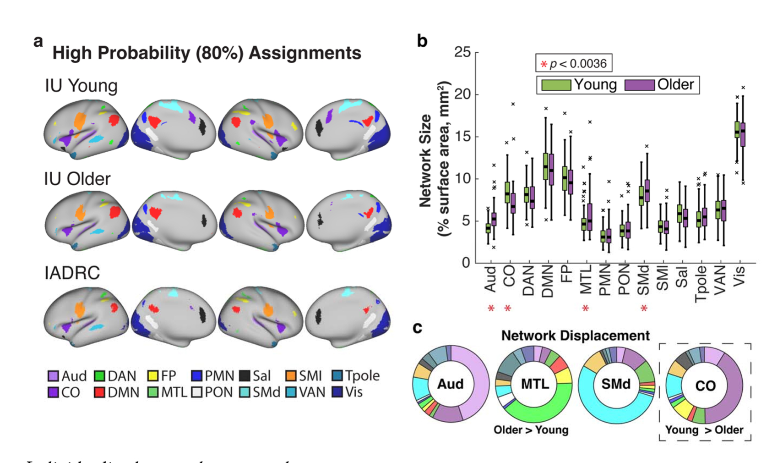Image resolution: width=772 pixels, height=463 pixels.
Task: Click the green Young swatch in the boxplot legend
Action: click(556, 85)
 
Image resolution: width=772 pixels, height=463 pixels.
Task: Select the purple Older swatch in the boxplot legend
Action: click(640, 85)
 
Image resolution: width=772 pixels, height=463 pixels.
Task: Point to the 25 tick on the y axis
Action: click(462, 52)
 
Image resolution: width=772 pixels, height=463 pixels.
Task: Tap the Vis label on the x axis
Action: click(739, 276)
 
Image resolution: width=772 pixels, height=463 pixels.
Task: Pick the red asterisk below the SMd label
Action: click(644, 309)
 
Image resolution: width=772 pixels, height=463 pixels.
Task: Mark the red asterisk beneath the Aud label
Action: click(491, 309)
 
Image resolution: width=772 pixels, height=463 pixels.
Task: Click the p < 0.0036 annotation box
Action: click(573, 64)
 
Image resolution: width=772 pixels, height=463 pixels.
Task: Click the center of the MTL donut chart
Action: click(534, 384)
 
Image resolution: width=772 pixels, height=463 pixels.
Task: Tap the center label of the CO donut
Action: click(705, 386)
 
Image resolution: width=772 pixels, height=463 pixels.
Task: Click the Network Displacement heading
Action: click(575, 336)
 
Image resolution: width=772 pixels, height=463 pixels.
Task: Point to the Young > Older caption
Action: click(704, 430)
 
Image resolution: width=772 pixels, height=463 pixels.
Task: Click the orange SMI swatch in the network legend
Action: click(290, 376)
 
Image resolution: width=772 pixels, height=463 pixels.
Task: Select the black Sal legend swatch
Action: click(245, 376)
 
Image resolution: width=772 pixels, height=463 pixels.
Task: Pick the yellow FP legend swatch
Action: click(152, 376)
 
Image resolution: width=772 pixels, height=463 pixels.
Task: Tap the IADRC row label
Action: click(72, 273)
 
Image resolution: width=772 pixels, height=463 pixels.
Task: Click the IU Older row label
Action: click(77, 179)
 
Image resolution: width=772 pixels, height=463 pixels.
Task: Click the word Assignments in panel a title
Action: click(305, 53)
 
